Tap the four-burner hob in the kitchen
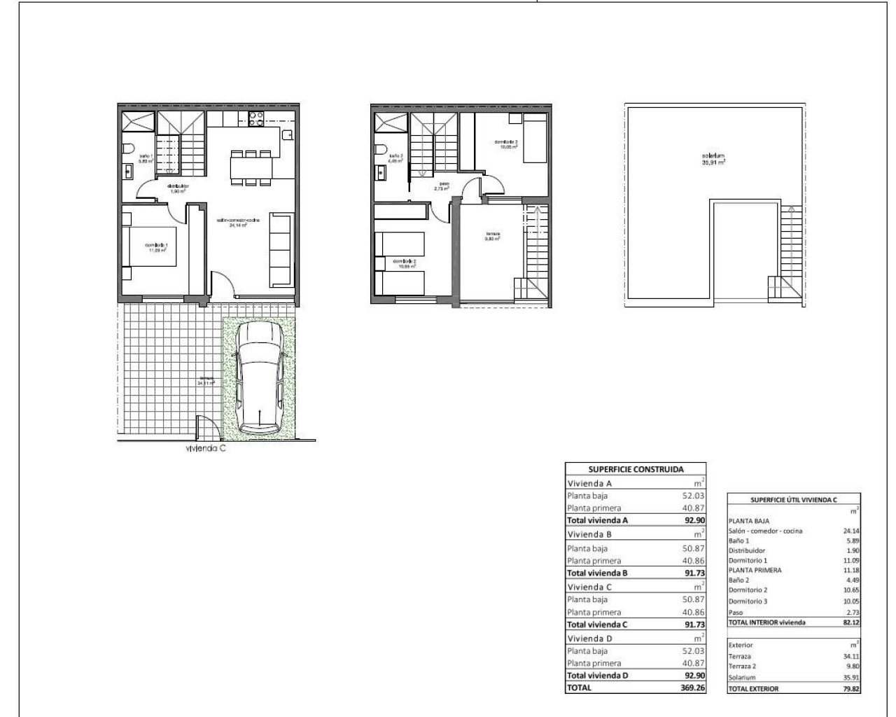[255, 119]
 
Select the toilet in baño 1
[127, 149]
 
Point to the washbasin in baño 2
[380, 170]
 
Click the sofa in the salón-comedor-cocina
[281, 250]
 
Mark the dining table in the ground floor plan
[251, 167]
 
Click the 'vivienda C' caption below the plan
[205, 450]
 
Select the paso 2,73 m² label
[440, 186]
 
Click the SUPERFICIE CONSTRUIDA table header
[635, 470]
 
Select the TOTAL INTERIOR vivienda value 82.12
[850, 622]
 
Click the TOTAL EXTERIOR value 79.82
[850, 688]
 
